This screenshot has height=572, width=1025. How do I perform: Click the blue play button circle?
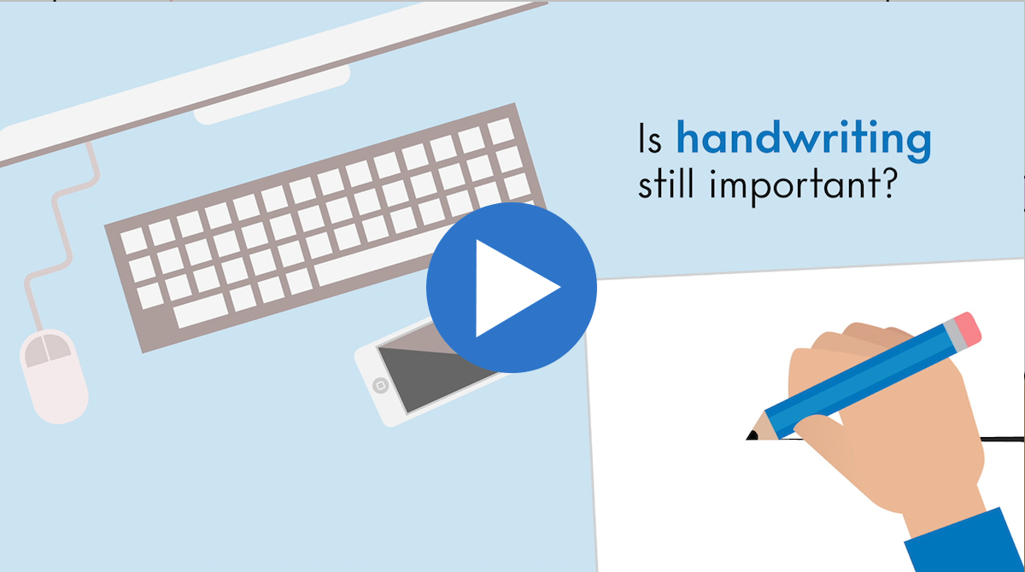(x=512, y=288)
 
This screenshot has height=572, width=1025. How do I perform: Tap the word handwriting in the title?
(x=804, y=140)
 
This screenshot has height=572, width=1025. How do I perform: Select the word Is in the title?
(x=650, y=137)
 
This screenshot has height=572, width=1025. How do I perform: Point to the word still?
(x=665, y=183)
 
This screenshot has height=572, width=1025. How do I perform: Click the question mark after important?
(x=887, y=183)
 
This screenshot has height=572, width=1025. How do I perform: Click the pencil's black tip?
(x=752, y=435)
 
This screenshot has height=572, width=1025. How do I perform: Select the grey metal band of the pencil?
(x=953, y=336)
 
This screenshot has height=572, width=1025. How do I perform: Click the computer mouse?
(x=54, y=376)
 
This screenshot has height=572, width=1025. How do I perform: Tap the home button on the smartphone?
(x=381, y=385)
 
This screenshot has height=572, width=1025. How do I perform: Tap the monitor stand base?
(x=272, y=95)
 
